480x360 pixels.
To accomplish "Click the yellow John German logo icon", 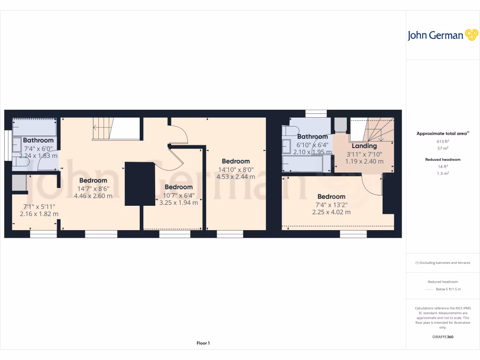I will coord(471,35).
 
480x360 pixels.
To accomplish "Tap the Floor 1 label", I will coord(203,343).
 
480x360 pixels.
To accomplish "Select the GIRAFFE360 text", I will coord(442,337).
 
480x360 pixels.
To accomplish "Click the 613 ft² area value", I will coord(442,141).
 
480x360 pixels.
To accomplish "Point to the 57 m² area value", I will coord(442,148).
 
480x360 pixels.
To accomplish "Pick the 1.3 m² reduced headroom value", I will coord(442,173).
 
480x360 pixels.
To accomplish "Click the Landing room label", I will coord(364,146).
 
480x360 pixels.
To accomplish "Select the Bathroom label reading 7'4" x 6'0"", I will coord(38,140).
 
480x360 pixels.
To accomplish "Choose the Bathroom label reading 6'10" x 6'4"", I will coord(312,137).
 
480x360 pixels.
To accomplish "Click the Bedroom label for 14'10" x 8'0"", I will coord(236,161).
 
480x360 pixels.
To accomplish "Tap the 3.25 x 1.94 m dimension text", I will coord(179,202).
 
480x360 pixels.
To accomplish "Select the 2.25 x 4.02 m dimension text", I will coord(331,212).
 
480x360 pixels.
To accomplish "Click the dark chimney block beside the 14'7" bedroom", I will coord(140,183).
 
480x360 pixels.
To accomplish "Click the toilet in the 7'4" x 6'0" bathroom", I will coord(21,161).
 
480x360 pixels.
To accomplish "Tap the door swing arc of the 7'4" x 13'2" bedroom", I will coord(373,185).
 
